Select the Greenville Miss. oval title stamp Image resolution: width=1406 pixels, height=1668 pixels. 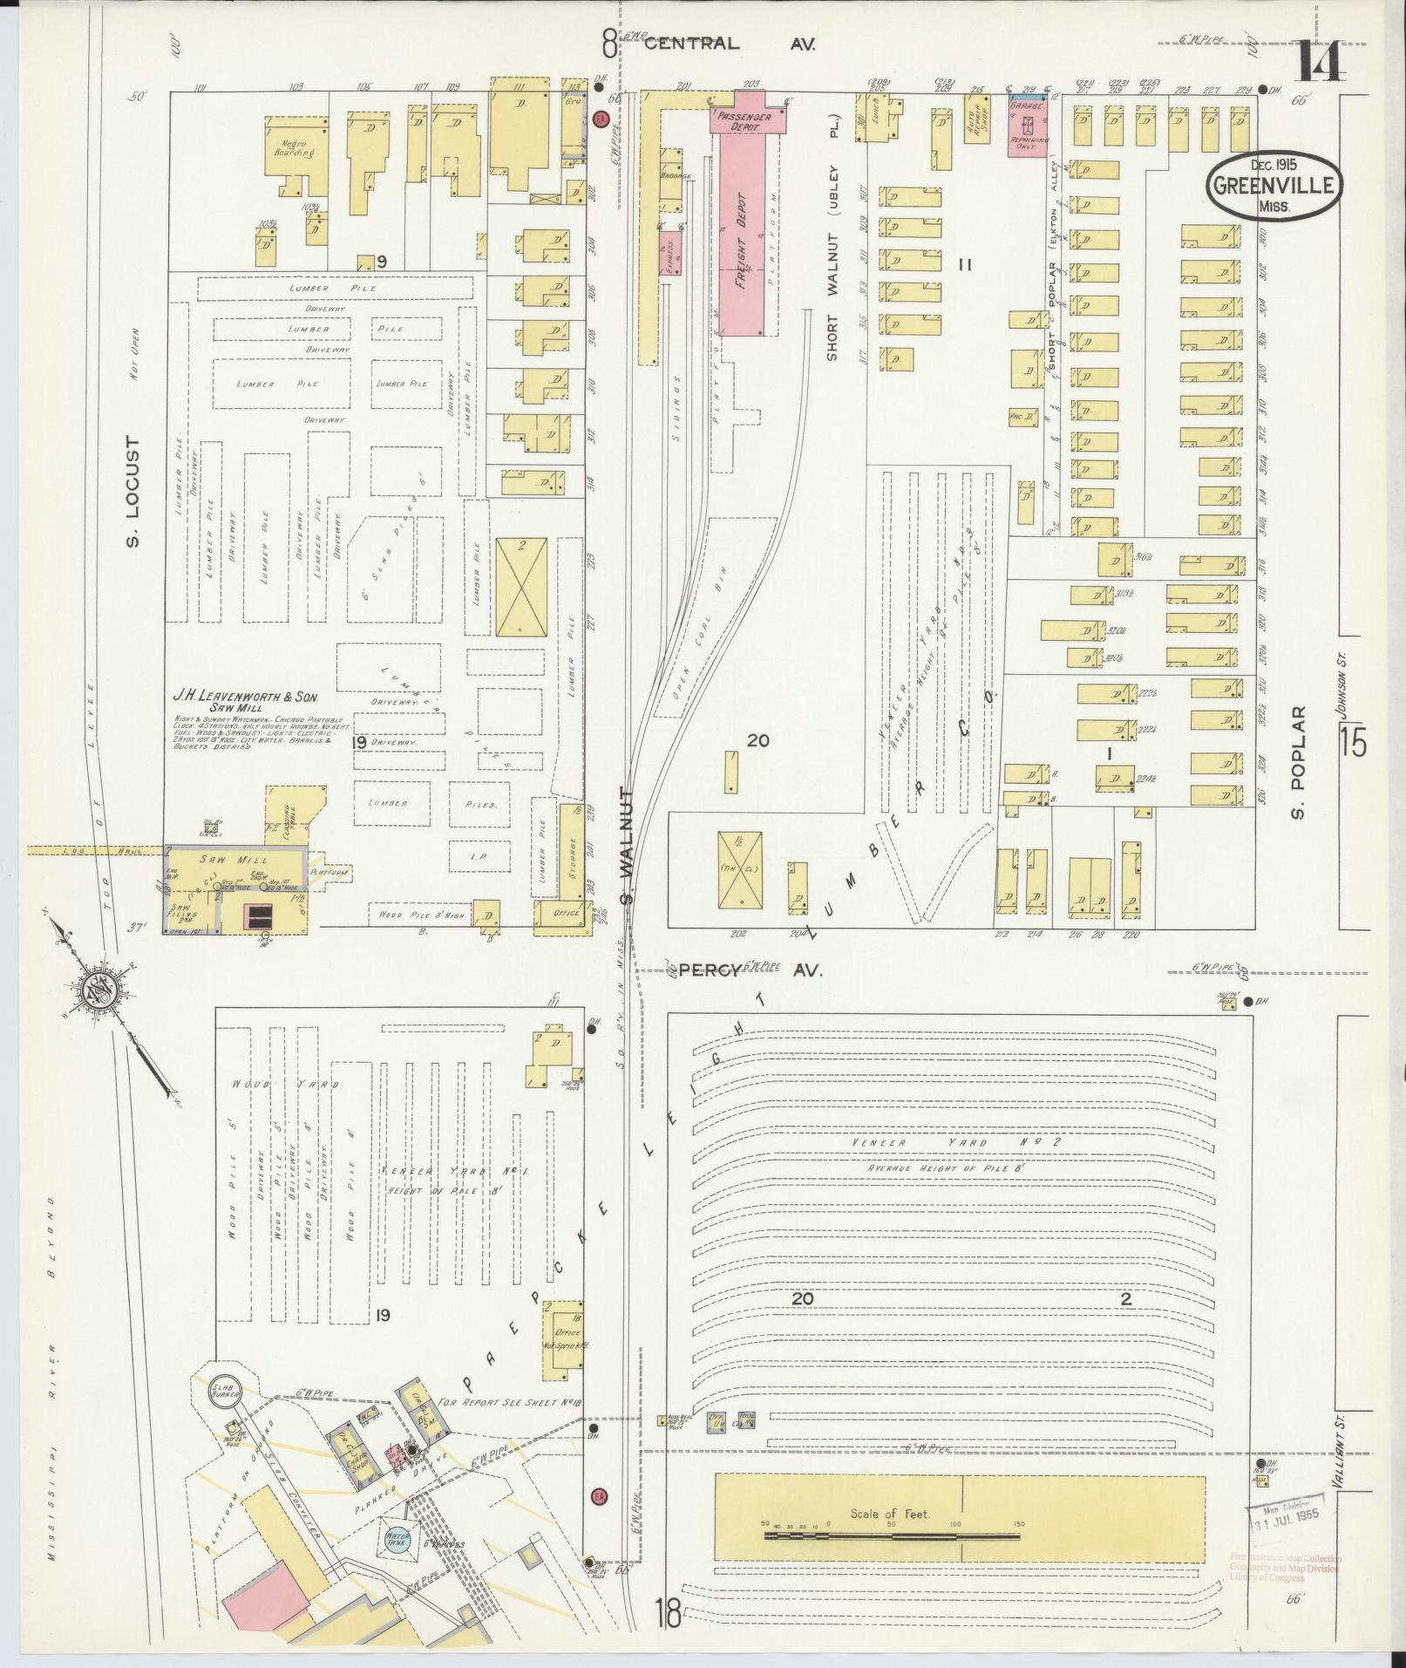point(1274,186)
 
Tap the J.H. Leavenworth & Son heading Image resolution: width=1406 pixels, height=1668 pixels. point(246,696)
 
